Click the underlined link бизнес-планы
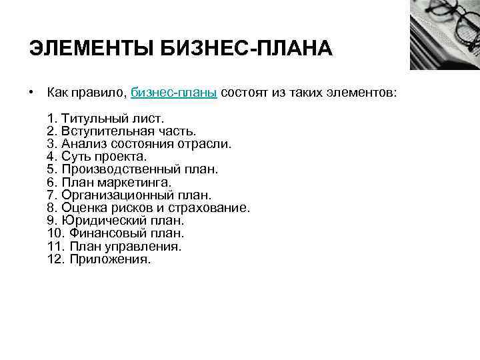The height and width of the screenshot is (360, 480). tap(174, 91)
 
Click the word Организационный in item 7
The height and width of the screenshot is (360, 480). tap(118, 195)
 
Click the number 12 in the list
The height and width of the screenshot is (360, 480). tap(55, 259)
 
